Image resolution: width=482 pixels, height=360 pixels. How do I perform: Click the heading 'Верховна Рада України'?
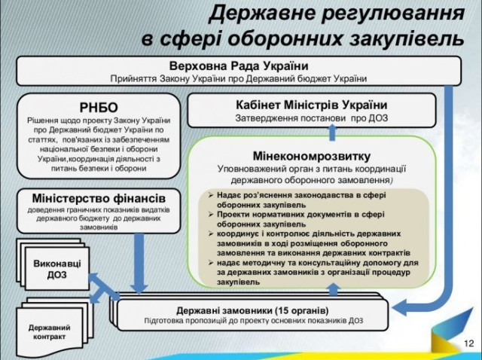(239, 65)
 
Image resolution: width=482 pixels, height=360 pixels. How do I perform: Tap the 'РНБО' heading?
(99, 107)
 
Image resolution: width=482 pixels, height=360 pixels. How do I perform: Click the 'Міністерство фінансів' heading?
(99, 197)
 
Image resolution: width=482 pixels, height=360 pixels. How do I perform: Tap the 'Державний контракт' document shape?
(50, 332)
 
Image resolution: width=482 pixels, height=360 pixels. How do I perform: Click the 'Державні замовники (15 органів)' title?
(252, 310)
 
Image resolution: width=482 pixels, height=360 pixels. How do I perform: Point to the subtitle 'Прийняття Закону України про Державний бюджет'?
(239, 78)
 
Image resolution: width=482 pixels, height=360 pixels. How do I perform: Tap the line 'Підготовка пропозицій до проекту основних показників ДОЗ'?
(253, 320)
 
